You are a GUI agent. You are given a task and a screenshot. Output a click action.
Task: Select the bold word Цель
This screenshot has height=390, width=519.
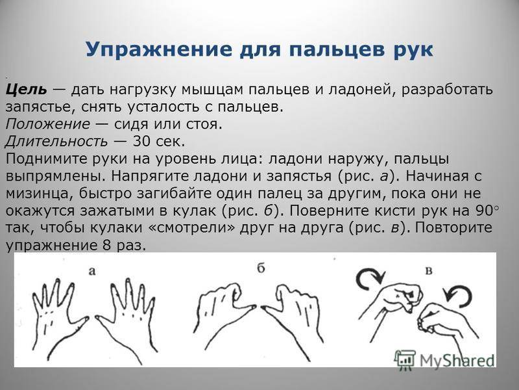tap(26, 90)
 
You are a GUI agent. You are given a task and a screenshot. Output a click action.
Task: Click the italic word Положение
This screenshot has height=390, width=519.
tap(47, 124)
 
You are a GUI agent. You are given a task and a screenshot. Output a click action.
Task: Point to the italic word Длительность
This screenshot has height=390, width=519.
tap(56, 142)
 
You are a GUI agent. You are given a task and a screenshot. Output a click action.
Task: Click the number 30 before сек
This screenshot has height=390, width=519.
tap(141, 141)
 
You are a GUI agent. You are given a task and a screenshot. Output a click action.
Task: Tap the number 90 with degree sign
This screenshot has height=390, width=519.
tap(487, 211)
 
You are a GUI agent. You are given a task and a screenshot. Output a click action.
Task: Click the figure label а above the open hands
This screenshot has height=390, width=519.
tap(92, 271)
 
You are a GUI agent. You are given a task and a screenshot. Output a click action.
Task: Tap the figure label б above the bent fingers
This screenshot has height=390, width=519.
tap(261, 268)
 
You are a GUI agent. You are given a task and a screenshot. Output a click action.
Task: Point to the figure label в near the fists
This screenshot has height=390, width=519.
tap(428, 271)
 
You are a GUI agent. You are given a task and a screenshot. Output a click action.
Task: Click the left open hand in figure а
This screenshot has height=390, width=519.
tap(60, 318)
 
